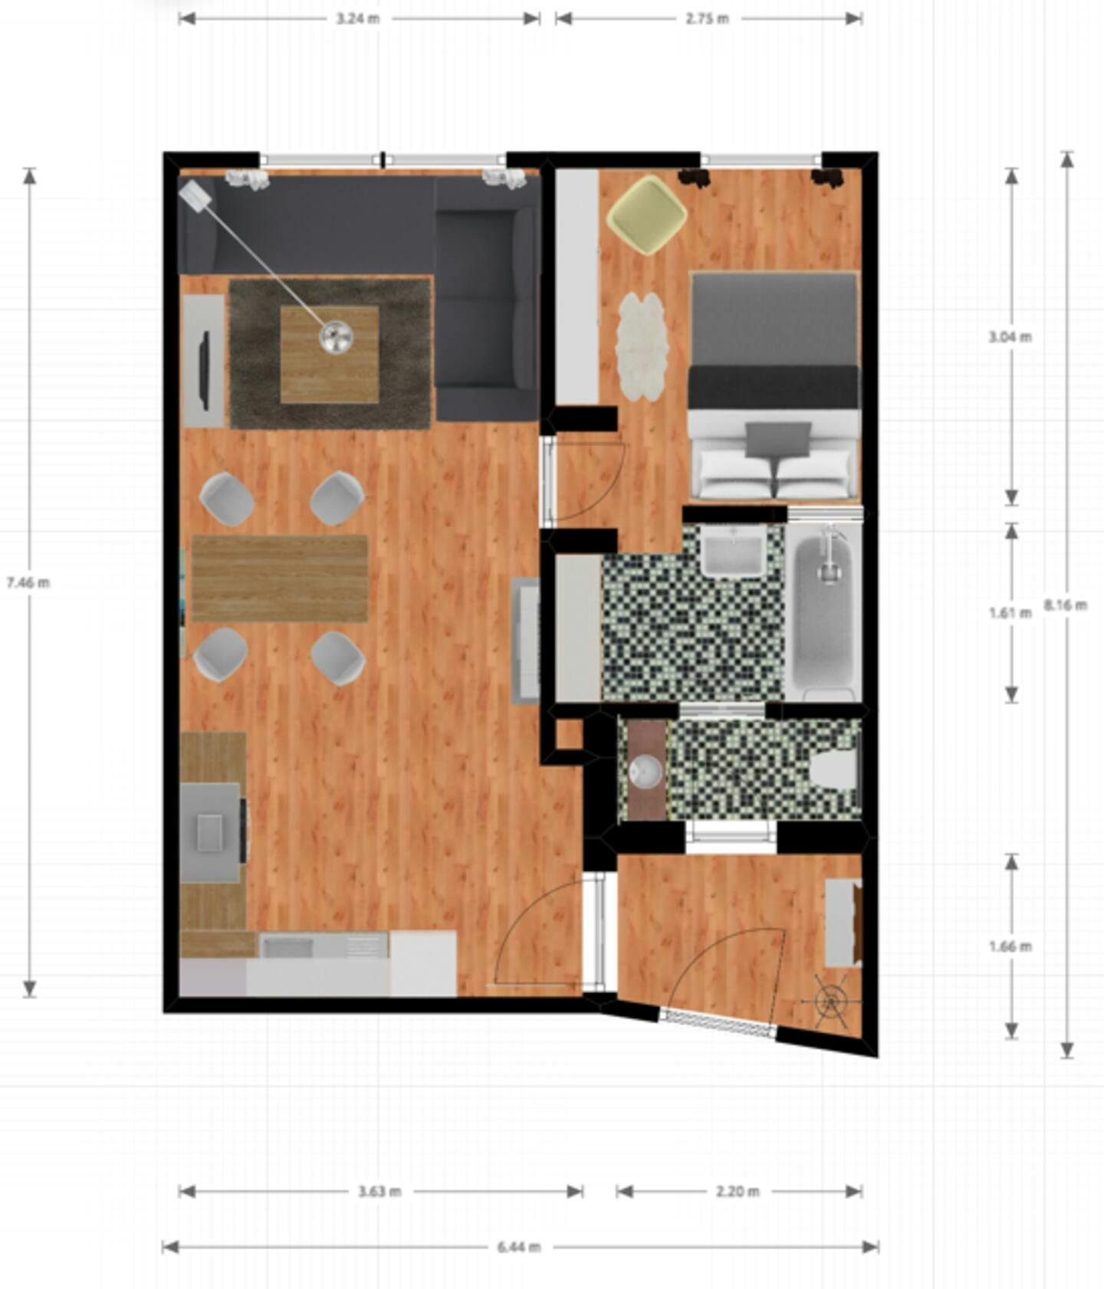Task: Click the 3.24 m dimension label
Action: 357,18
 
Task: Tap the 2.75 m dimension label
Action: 707,18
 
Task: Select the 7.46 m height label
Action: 28,582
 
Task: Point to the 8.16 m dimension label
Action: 1066,605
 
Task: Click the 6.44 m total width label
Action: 519,1247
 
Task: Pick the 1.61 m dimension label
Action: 1010,612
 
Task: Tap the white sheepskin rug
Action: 640,346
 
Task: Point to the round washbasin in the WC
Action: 646,771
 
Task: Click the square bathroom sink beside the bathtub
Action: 733,553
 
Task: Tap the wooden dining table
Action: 279,579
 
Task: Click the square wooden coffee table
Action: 329,354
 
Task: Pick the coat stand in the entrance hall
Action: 830,1001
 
